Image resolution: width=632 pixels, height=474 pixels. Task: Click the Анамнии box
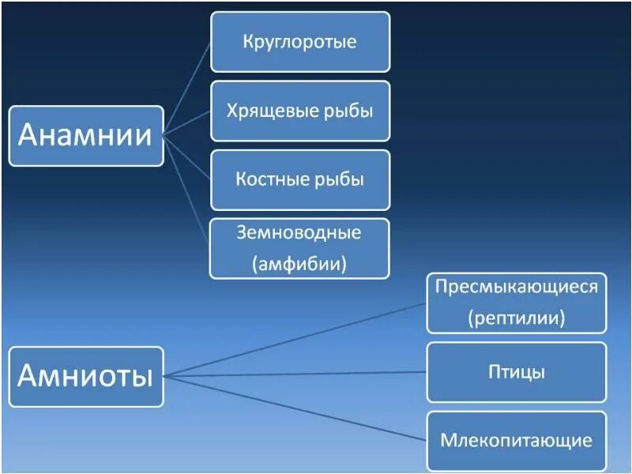tap(85, 136)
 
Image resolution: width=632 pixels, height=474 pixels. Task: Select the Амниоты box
tap(85, 377)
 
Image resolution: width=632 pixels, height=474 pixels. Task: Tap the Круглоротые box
tap(299, 41)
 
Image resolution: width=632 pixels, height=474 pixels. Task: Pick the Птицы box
tap(516, 371)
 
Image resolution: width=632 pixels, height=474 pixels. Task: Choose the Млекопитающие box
tap(516, 440)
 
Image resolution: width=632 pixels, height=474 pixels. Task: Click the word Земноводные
tap(299, 233)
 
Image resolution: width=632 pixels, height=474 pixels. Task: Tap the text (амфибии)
tap(299, 262)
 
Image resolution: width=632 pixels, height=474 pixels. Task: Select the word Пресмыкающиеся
tap(516, 286)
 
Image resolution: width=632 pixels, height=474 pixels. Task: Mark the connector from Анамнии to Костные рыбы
tap(187, 156)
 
